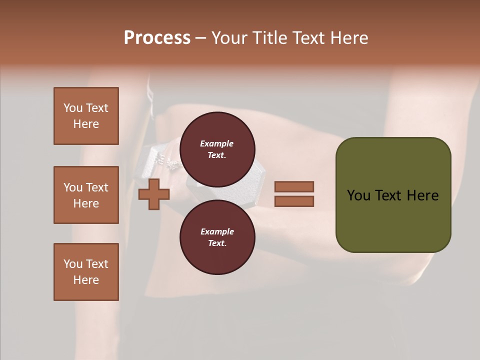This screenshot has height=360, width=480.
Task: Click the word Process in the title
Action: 157,38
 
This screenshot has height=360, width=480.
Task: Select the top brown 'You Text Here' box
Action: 86,116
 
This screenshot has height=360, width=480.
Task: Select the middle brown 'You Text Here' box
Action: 86,195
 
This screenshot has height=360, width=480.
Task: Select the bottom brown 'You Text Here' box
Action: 86,272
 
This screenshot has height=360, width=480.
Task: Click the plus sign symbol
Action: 154,194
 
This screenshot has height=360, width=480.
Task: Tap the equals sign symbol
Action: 294,194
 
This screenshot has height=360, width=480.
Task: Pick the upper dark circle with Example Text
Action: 217,149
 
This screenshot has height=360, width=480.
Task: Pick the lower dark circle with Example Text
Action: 217,237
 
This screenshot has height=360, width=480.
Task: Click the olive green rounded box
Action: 393,194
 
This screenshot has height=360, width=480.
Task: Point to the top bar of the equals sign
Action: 294,187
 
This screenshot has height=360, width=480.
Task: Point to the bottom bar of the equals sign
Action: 294,201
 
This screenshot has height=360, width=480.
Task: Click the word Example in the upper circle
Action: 216,143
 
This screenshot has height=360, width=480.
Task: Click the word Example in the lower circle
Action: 216,231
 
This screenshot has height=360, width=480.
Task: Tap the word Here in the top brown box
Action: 86,124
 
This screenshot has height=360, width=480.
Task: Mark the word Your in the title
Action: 229,38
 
